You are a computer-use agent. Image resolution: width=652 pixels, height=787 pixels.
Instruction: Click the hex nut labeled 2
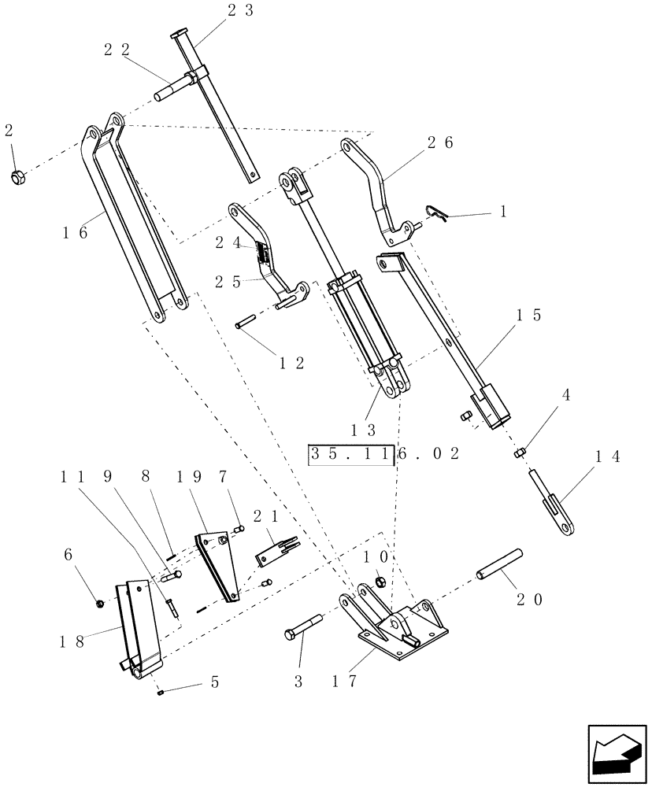tap(17, 177)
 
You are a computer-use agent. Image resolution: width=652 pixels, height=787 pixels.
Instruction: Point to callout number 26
tap(442, 143)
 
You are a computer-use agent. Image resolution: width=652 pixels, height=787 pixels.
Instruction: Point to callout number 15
tap(528, 315)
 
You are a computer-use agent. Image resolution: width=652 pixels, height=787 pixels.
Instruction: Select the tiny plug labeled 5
tap(160, 693)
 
